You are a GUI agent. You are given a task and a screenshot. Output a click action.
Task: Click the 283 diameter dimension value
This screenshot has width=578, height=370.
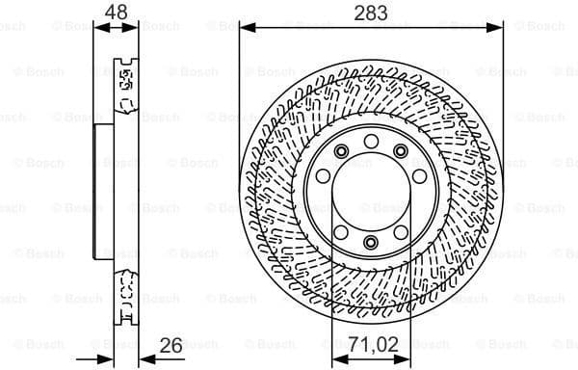tap(369, 13)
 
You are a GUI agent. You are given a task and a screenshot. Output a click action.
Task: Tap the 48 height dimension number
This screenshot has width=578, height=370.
tap(117, 13)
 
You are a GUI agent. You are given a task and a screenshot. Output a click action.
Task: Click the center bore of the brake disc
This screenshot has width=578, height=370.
tap(370, 196)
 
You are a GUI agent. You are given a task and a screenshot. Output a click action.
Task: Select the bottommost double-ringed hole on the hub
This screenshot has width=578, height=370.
tap(370, 243)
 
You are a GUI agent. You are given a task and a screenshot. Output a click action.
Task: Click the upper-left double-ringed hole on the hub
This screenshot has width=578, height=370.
tap(341, 151)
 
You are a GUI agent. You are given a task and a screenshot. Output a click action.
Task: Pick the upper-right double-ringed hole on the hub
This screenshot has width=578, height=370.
tap(399, 151)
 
